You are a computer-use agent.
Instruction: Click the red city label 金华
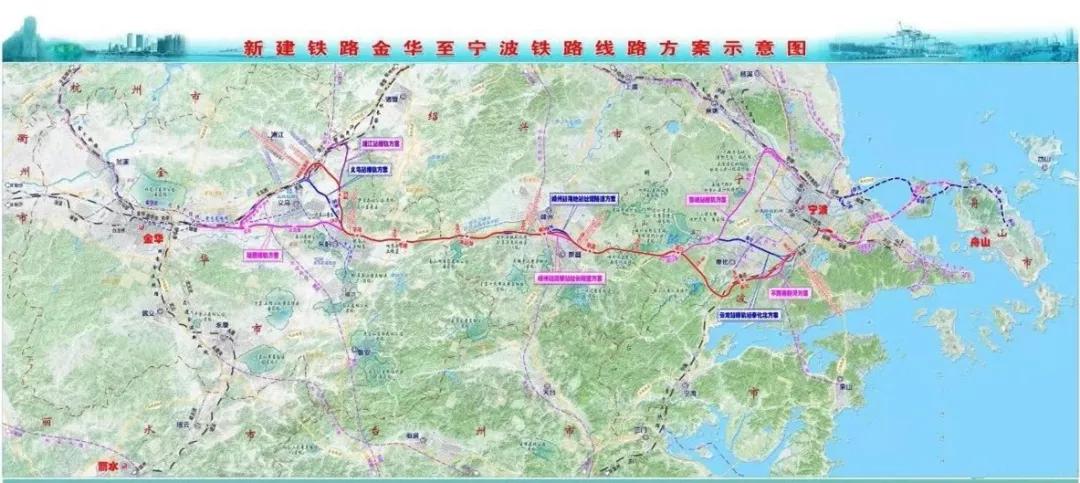(151, 239)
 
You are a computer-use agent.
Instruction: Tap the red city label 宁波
(817, 210)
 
